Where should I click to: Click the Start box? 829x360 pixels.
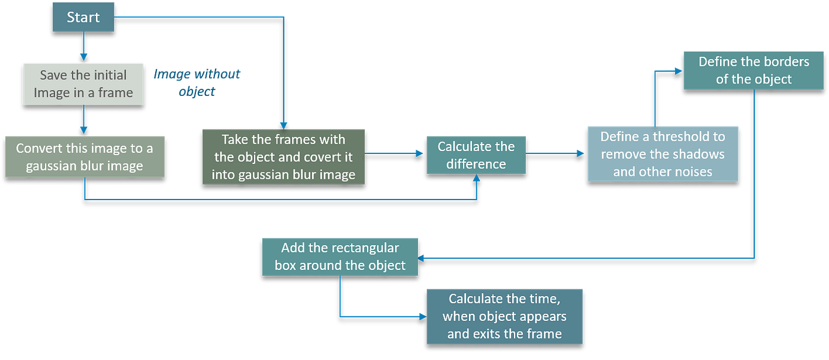pos(83,17)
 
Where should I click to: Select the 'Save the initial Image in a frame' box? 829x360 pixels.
pos(83,83)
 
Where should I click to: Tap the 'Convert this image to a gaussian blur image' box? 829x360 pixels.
pos(84,156)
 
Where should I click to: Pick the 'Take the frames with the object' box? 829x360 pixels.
pos(283,156)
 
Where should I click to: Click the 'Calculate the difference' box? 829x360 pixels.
pos(476,155)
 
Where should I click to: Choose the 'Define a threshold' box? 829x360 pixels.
pos(663,153)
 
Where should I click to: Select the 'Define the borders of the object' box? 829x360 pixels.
pos(753,70)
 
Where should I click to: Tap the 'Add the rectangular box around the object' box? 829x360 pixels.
pos(340,256)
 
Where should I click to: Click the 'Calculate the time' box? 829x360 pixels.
pos(505,316)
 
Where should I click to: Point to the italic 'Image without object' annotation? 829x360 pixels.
pos(198,82)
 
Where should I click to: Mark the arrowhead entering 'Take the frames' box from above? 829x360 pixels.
pos(284,123)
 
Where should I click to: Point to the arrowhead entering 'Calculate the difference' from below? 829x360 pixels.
pos(477,179)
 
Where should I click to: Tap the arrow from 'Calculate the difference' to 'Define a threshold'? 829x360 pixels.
pos(555,153)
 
